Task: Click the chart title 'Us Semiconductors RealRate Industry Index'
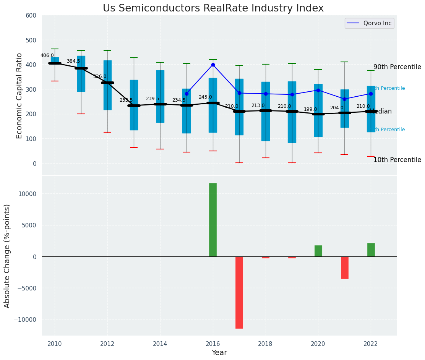pos(213,8)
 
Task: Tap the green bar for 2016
pos(213,220)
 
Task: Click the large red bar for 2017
pos(239,292)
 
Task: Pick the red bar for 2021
pos(345,268)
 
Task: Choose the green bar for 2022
pos(371,250)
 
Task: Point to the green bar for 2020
pos(318,251)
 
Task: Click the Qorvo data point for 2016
pos(213,65)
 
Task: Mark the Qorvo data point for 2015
pos(187,94)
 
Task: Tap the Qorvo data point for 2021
pos(345,99)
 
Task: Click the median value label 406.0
pos(47,55)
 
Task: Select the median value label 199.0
pos(310,109)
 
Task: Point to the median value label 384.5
pos(73,61)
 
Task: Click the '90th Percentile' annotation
pos(397,67)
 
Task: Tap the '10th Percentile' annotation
pos(397,160)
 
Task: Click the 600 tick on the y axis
pos(31,16)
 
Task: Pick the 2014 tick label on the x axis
pos(160,344)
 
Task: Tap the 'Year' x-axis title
pos(219,353)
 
